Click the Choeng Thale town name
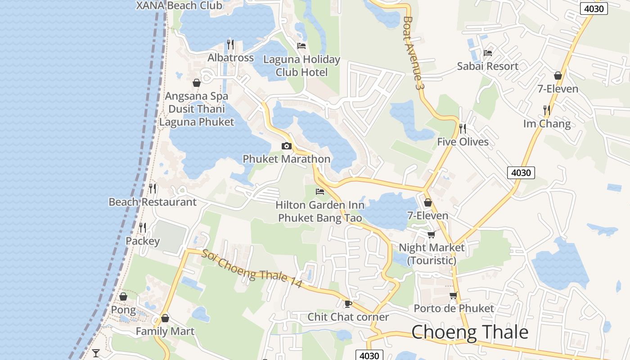click(470, 332)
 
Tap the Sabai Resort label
click(487, 66)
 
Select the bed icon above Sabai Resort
click(487, 53)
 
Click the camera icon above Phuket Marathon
click(286, 146)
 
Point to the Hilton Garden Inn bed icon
click(320, 192)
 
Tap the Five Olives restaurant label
click(463, 142)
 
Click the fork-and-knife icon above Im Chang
click(546, 110)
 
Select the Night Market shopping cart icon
click(431, 234)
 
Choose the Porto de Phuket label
click(454, 308)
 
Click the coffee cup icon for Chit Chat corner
click(347, 304)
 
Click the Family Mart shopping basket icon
click(165, 318)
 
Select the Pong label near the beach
click(123, 310)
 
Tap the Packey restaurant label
click(142, 241)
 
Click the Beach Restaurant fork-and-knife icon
click(153, 188)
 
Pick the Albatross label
click(230, 58)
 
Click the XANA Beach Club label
click(179, 5)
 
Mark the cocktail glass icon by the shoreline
click(96, 353)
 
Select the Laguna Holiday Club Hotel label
click(301, 66)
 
